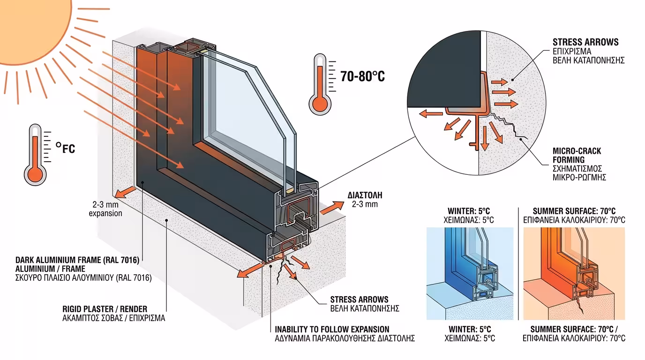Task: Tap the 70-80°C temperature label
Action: coord(362,76)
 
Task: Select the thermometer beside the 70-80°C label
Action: coord(320,84)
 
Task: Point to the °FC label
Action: coord(65,149)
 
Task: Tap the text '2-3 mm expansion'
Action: coord(106,209)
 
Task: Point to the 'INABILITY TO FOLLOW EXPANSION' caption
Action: coord(332,330)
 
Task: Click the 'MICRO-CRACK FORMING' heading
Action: coord(577,156)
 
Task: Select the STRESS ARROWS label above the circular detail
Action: coord(585,42)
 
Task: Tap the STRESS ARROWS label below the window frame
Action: coord(359,300)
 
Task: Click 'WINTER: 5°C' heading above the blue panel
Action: coord(469,211)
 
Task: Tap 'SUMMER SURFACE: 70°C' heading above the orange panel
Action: coord(574,211)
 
